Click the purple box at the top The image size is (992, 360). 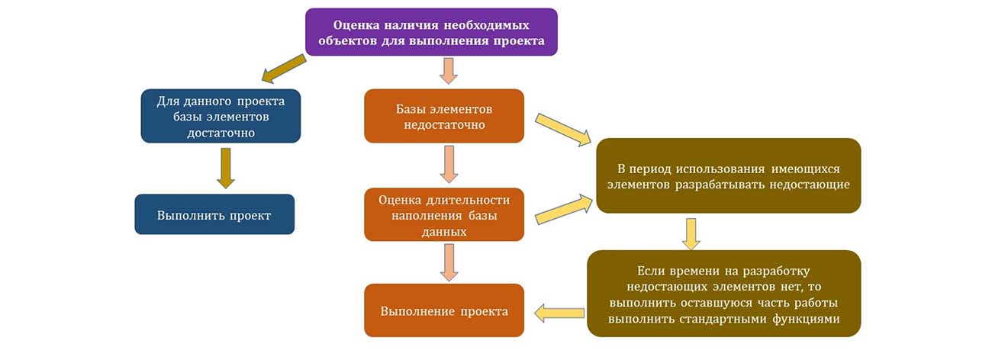[x=431, y=32]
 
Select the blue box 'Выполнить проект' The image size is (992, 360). [x=214, y=214]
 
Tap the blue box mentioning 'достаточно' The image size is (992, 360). [x=221, y=116]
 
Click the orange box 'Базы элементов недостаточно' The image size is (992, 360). [x=444, y=116]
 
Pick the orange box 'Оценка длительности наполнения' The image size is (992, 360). [x=444, y=214]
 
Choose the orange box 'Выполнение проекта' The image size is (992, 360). [x=444, y=310]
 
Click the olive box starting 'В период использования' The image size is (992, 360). [x=728, y=175]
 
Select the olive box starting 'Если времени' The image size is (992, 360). [x=723, y=294]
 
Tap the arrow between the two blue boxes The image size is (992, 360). [x=225, y=168]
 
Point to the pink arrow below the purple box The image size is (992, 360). [x=449, y=70]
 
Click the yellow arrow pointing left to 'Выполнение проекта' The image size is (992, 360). [x=559, y=311]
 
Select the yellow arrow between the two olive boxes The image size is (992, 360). [x=691, y=233]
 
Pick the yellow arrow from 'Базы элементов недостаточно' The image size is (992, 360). [x=564, y=129]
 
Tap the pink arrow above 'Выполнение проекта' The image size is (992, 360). [x=449, y=262]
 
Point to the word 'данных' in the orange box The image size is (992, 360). [x=444, y=230]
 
